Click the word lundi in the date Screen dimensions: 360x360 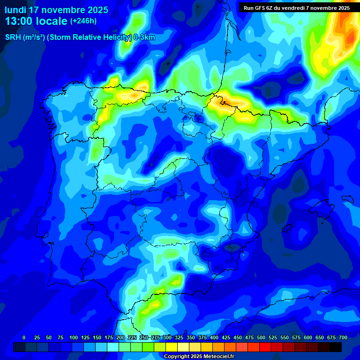pyautogui.click(x=15, y=10)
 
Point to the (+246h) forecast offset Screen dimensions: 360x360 pyautogui.click(x=83, y=21)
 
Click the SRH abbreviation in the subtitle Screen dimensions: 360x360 pyautogui.click(x=13, y=37)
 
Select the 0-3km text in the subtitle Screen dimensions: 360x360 pyautogui.click(x=144, y=37)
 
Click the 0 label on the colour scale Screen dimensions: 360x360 pyautogui.click(x=24, y=337)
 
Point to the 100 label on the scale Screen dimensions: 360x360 pyautogui.click(x=73, y=337)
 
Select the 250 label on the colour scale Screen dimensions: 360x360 pyautogui.click(x=143, y=337)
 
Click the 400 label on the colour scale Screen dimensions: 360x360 pyautogui.click(x=214, y=337)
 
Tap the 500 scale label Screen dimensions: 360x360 pyautogui.click(x=261, y=337)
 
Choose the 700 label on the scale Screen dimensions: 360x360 pyautogui.click(x=343, y=337)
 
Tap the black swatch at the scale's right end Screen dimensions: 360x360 pyautogui.click(x=336, y=347)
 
